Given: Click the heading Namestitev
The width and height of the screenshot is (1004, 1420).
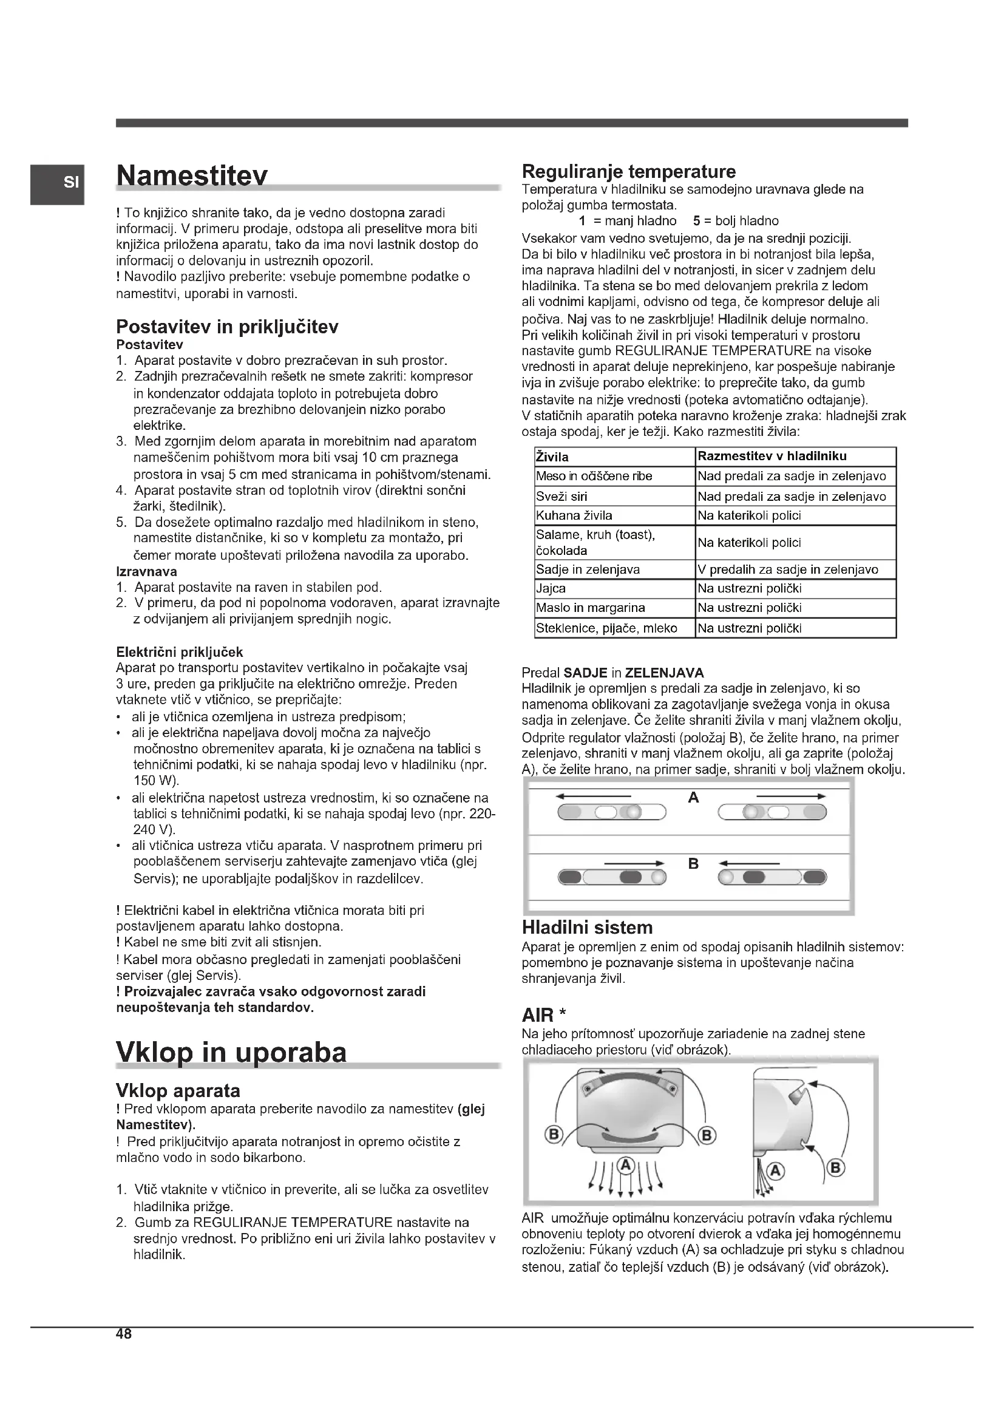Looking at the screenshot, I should click(192, 175).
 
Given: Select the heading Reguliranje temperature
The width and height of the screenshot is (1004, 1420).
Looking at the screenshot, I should click(629, 171).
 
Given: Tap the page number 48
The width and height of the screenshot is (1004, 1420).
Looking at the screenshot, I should click(124, 1334).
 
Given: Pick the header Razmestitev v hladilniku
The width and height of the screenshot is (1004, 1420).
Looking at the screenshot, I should click(772, 457).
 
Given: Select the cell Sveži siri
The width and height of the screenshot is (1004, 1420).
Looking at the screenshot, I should click(561, 496).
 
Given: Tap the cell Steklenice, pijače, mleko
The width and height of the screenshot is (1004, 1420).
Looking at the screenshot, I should click(606, 628).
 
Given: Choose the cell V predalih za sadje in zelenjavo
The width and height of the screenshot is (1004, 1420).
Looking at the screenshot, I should click(788, 569).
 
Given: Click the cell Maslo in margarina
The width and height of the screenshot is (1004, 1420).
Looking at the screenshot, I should click(591, 608).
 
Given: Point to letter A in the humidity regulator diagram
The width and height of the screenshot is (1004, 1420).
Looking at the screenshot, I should click(693, 798).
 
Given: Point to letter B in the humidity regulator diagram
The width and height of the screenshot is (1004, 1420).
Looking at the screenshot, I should click(693, 863).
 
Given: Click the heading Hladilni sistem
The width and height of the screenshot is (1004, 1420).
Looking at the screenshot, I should click(588, 928).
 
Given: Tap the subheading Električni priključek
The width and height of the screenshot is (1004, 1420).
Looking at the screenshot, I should click(179, 652).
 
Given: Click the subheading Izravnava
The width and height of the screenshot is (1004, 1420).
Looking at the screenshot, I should click(146, 571).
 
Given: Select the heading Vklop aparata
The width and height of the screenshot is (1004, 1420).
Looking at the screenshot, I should click(178, 1090).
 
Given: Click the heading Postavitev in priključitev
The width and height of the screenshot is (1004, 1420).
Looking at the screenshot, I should click(227, 327).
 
